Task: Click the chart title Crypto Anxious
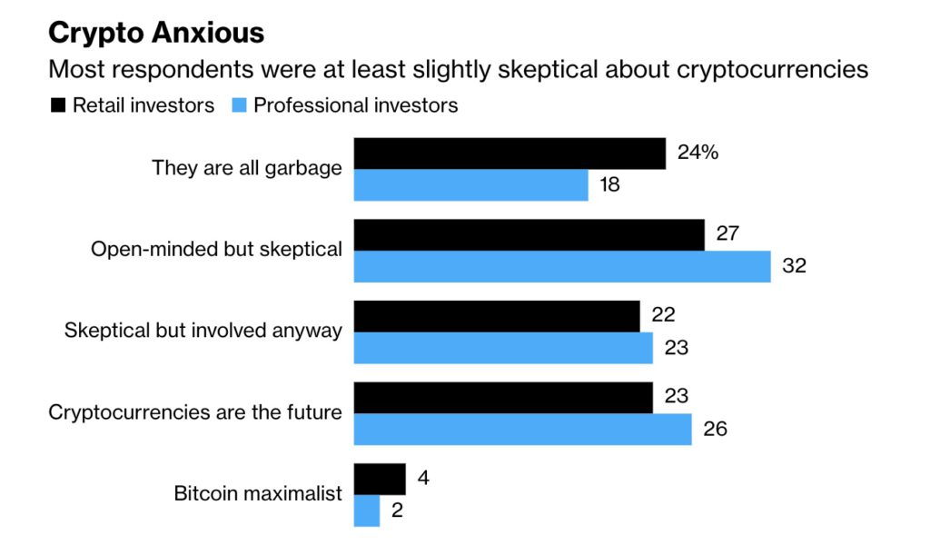155,33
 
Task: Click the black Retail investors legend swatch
58,105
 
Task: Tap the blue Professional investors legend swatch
239,105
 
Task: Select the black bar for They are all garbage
510,154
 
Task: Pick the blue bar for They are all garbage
470,185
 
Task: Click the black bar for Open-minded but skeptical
529,234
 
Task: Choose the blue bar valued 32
561,266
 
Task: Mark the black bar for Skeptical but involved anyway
496,316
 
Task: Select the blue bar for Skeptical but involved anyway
502,348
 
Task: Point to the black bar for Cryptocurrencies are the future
502,397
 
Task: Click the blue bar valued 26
522,429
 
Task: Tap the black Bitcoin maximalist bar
379,479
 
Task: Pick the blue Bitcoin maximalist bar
366,510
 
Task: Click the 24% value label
697,153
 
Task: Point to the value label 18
609,185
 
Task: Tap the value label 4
422,478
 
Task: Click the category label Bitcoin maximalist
258,494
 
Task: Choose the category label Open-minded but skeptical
216,250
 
